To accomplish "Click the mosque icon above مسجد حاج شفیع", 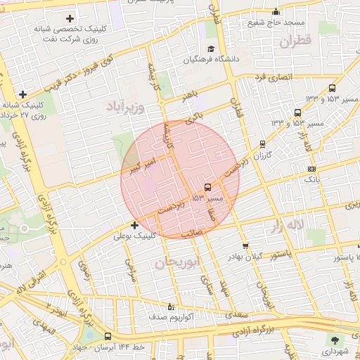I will (276, 11).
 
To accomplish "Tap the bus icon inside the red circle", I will (207, 187).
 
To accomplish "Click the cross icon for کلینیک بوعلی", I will (134, 225).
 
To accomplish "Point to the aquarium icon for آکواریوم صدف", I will (169, 307).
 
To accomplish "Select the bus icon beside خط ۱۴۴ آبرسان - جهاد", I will (108, 337).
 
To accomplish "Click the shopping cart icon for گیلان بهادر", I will (245, 245).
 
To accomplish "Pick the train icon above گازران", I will (262, 143).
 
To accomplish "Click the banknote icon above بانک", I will (311, 169).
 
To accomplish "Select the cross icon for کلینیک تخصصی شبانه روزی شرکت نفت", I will (69, 18).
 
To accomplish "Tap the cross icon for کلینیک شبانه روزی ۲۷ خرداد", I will (23, 94).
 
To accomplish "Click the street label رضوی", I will (85, 271).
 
